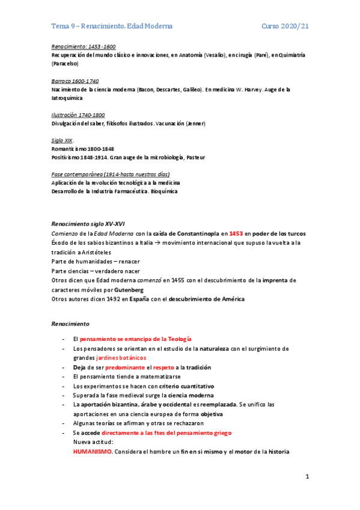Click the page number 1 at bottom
[307, 477]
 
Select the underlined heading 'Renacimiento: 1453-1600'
[84, 46]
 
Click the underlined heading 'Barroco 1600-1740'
[75, 81]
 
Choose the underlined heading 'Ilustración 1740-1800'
[78, 114]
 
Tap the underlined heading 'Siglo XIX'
[62, 140]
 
